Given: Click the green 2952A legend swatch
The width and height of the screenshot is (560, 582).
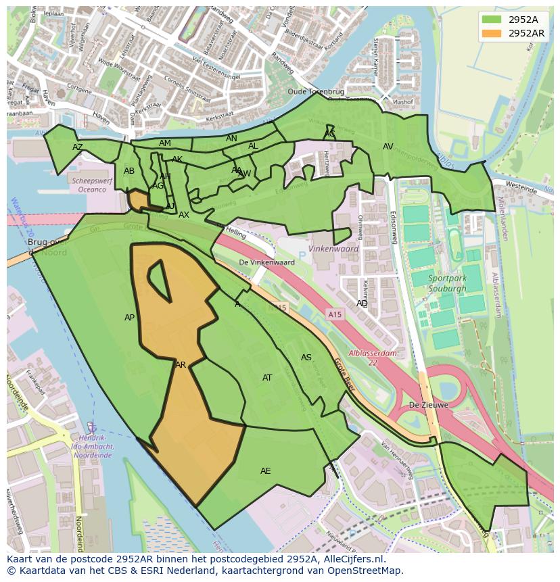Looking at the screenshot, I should [492, 20].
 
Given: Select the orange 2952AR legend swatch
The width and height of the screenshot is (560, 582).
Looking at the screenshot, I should [492, 33].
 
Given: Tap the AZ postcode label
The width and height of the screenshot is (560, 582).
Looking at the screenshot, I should [78, 147].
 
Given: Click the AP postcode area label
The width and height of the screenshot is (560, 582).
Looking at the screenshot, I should [129, 317].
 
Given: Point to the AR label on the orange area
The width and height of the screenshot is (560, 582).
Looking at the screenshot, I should [181, 364].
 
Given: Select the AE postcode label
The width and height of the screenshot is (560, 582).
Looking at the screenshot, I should [266, 470].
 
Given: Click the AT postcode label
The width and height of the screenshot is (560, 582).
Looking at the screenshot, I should [267, 377].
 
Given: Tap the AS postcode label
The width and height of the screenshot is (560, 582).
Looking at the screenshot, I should [306, 357].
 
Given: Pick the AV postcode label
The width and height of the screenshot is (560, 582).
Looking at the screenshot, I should [388, 146].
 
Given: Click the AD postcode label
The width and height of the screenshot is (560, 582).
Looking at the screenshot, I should [363, 304].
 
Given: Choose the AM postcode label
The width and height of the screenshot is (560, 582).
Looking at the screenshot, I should [165, 143].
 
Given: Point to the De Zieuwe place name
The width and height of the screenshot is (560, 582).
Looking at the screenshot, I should [428, 405].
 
